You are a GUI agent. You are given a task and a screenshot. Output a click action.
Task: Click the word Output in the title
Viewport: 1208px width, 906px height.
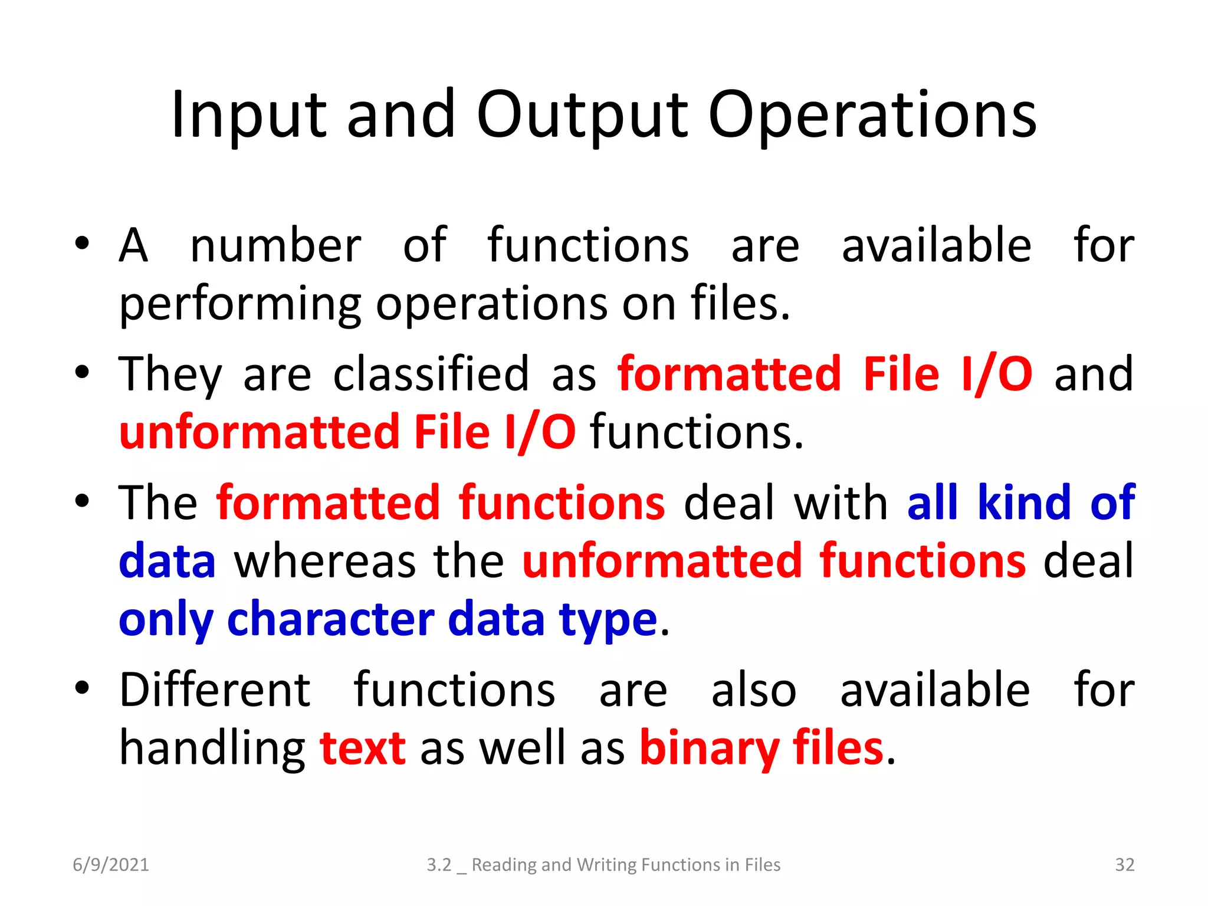[582, 115]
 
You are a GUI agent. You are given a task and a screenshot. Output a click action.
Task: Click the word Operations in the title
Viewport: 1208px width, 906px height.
[872, 115]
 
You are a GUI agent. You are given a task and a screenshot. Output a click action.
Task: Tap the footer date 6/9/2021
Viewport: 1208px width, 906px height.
[111, 865]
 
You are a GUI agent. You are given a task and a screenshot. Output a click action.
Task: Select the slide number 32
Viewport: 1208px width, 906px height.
[1124, 865]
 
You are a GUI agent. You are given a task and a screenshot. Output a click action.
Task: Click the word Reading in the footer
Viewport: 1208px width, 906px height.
[504, 865]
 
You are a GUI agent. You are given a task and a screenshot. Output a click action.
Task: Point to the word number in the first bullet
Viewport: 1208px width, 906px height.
[275, 246]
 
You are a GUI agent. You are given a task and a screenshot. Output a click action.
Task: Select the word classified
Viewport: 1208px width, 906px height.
[431, 374]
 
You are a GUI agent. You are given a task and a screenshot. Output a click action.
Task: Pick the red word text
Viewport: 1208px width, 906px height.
[362, 748]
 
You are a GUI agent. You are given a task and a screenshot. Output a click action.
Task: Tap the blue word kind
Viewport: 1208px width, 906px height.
[1023, 503]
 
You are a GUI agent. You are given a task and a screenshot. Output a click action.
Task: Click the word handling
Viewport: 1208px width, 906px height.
[212, 748]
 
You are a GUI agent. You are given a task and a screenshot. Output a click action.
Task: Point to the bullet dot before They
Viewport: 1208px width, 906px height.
[82, 373]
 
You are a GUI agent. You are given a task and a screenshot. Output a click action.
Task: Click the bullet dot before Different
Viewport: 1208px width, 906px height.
[82, 688]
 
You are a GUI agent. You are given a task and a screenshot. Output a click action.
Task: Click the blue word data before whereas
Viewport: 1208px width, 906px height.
[167, 561]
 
